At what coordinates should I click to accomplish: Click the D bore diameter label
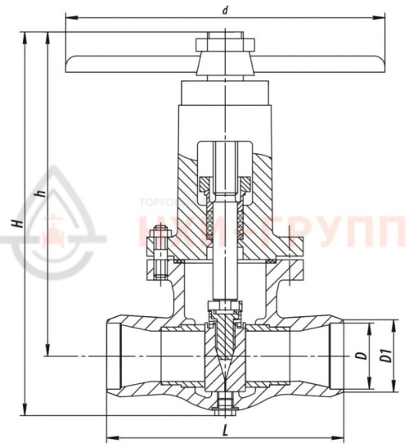pyautogui.click(x=359, y=357)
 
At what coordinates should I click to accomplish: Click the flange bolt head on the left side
pyautogui.click(x=154, y=243)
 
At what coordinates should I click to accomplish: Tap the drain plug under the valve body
pyautogui.click(x=223, y=403)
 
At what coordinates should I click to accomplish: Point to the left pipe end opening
pyautogui.click(x=115, y=356)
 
